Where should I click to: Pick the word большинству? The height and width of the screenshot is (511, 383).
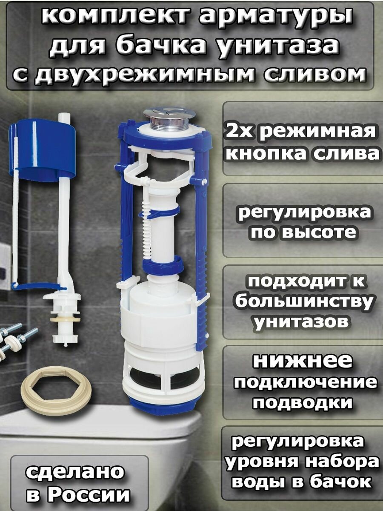tap(304, 302)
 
